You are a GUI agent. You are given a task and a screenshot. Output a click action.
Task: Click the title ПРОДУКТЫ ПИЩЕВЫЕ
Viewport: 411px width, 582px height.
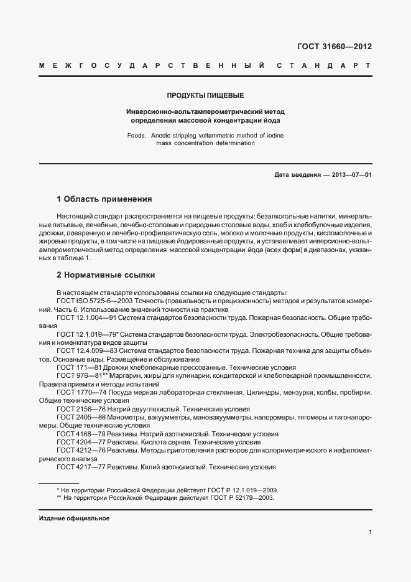(205, 95)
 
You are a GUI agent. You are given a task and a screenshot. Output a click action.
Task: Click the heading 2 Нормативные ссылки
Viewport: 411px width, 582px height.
(106, 275)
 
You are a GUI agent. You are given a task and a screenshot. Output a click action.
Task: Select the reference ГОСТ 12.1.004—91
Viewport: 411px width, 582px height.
(86, 317)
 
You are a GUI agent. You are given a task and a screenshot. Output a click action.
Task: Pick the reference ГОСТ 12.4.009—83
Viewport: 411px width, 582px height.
(86, 351)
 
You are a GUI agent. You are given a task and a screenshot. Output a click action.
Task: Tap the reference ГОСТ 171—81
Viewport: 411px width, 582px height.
(79, 368)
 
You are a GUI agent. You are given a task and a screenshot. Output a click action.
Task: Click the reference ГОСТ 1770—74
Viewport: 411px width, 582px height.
(81, 393)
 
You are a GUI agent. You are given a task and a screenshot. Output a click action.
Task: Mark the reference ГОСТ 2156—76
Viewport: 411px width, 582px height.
(81, 410)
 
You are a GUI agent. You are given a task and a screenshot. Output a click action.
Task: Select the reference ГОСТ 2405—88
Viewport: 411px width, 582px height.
(81, 418)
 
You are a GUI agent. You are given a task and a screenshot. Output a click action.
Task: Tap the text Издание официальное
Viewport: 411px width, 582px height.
(74, 518)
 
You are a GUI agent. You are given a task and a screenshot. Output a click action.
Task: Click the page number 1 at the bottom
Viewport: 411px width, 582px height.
(370, 532)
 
